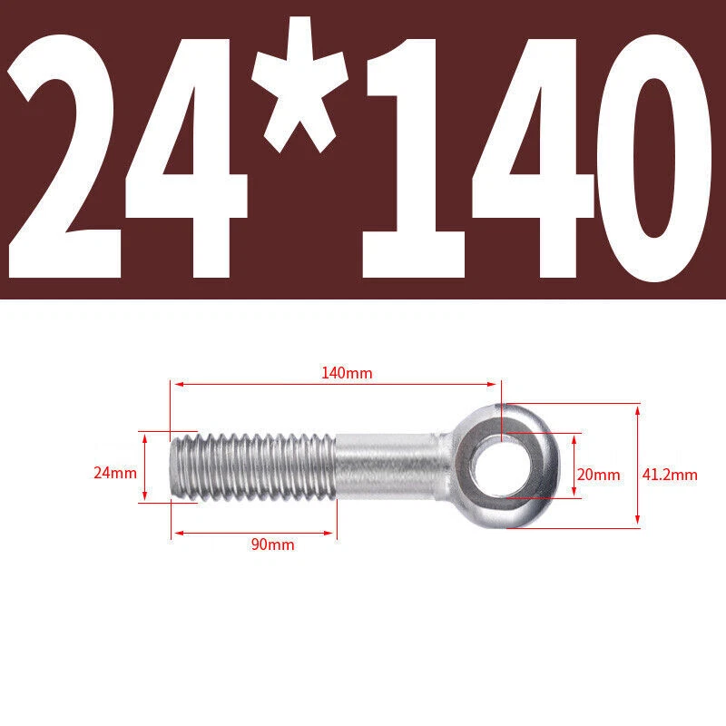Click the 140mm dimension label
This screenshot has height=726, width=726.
(x=347, y=373)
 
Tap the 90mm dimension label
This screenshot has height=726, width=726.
(x=273, y=544)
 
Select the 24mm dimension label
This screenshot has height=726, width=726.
(x=115, y=473)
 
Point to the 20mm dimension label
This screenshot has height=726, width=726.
(x=598, y=475)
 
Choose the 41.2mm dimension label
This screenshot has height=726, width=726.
(x=670, y=475)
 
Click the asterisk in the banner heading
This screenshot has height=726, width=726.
(x=300, y=85)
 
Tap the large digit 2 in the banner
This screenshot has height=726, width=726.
(x=64, y=156)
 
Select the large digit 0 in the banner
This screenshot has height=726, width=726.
(x=653, y=157)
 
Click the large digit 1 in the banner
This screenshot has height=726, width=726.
(x=414, y=158)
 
